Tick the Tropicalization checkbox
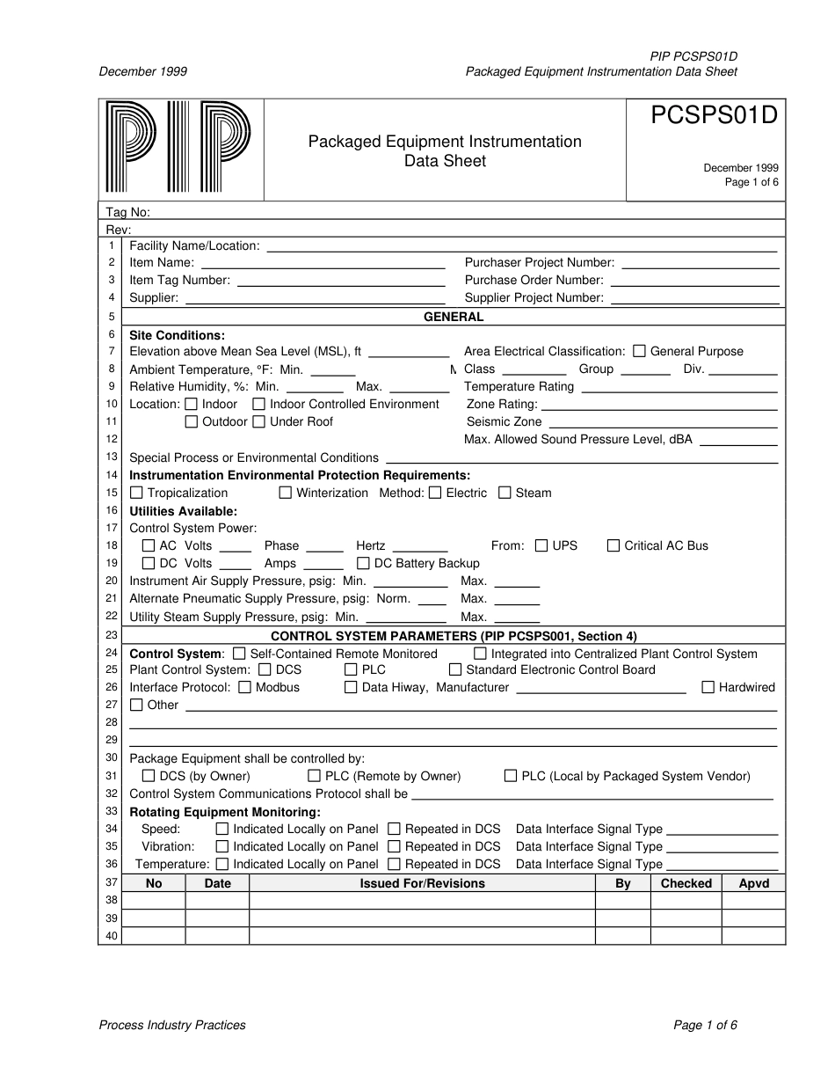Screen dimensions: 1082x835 (136, 493)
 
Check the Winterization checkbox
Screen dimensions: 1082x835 (285, 493)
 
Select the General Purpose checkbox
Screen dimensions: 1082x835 (639, 351)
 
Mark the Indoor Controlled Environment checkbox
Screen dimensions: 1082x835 (258, 404)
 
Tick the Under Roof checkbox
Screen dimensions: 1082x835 (258, 421)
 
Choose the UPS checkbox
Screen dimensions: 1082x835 (541, 545)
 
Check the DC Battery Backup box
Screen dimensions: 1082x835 (363, 563)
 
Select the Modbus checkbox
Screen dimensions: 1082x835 (244, 687)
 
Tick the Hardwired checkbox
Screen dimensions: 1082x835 (708, 687)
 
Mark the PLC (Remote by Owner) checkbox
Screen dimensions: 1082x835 (314, 776)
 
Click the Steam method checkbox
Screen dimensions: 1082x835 (505, 493)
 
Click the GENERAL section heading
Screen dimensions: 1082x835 (454, 317)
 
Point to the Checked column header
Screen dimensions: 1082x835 (686, 883)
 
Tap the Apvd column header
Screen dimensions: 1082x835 (753, 883)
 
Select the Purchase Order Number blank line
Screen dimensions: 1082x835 (694, 282)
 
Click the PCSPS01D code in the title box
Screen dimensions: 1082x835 (715, 117)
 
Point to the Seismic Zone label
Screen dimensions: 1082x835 (504, 422)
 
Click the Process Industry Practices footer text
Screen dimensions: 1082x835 (172, 1025)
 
